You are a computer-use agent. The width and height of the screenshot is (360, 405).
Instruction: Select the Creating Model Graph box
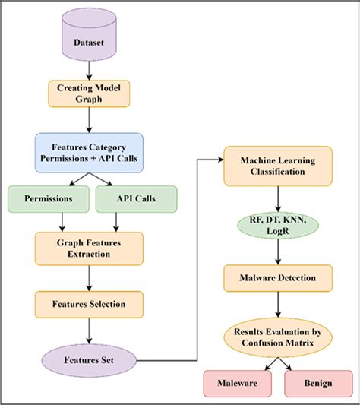tap(89, 93)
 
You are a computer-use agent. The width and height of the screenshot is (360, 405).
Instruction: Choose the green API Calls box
tap(136, 199)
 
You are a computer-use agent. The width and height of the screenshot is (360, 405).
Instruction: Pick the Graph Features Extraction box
tap(89, 248)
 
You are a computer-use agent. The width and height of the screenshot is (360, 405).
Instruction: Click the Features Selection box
tap(89, 304)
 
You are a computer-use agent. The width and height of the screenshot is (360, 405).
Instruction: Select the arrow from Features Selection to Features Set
tap(89, 330)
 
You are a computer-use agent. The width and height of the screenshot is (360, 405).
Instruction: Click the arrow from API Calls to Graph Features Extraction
tap(115, 221)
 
